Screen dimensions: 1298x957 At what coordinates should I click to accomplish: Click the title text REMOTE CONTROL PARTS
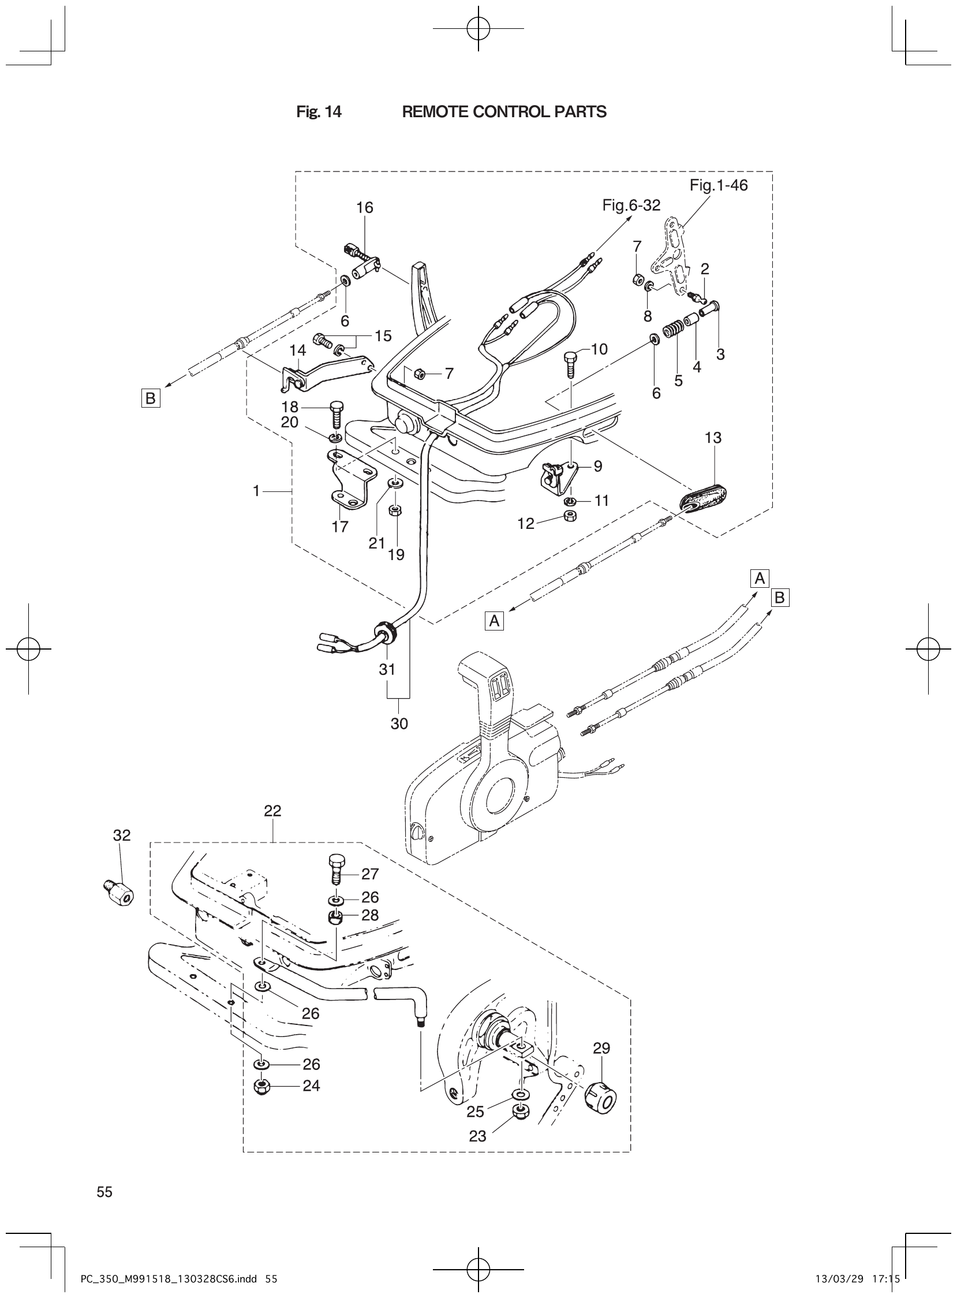pyautogui.click(x=504, y=112)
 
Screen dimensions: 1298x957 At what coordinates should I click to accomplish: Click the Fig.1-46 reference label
pyautogui.click(x=719, y=185)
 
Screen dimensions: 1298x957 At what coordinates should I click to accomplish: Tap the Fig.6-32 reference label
pyautogui.click(x=631, y=205)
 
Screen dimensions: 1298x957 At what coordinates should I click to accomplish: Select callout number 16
pyautogui.click(x=365, y=207)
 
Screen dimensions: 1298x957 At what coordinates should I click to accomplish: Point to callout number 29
pyautogui.click(x=602, y=1047)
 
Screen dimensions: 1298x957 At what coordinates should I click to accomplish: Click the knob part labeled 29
pyautogui.click(x=601, y=1094)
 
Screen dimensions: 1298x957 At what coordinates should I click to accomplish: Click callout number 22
pyautogui.click(x=272, y=811)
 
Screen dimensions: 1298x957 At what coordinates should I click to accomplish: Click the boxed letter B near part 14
pyautogui.click(x=150, y=398)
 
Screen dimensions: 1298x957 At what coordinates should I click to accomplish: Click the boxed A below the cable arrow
pyautogui.click(x=494, y=621)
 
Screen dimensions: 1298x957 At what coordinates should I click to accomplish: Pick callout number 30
pyautogui.click(x=399, y=723)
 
